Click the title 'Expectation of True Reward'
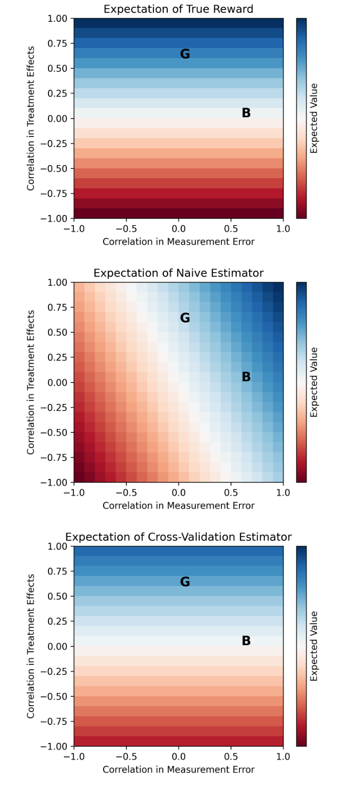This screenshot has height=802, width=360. point(178,9)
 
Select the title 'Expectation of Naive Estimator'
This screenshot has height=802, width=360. point(178,273)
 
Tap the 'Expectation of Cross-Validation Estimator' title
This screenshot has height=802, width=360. point(178,537)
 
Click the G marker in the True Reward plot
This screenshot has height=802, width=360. point(185,54)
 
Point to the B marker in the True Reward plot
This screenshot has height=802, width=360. point(246,113)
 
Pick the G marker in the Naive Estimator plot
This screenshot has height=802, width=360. point(185,318)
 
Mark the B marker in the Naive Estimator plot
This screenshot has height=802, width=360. point(246,377)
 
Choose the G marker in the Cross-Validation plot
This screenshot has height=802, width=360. point(185,582)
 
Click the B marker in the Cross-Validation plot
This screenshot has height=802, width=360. point(246,641)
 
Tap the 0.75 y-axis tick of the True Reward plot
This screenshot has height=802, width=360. point(57,44)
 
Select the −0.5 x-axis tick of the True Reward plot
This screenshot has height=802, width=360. point(126,229)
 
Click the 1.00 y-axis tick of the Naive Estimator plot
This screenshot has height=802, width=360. point(57,282)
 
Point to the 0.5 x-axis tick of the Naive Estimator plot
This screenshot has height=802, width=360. point(231,493)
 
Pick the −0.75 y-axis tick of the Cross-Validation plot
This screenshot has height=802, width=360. point(54,722)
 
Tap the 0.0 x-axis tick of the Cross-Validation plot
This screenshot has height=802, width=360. point(178,757)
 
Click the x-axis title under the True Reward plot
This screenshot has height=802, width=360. point(178,242)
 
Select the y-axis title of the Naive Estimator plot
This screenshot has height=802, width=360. point(31,382)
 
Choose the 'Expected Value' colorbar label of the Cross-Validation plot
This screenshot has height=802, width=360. point(314,646)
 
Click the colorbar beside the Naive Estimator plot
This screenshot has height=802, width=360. point(301,382)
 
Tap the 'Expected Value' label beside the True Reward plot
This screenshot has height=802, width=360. point(314,118)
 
